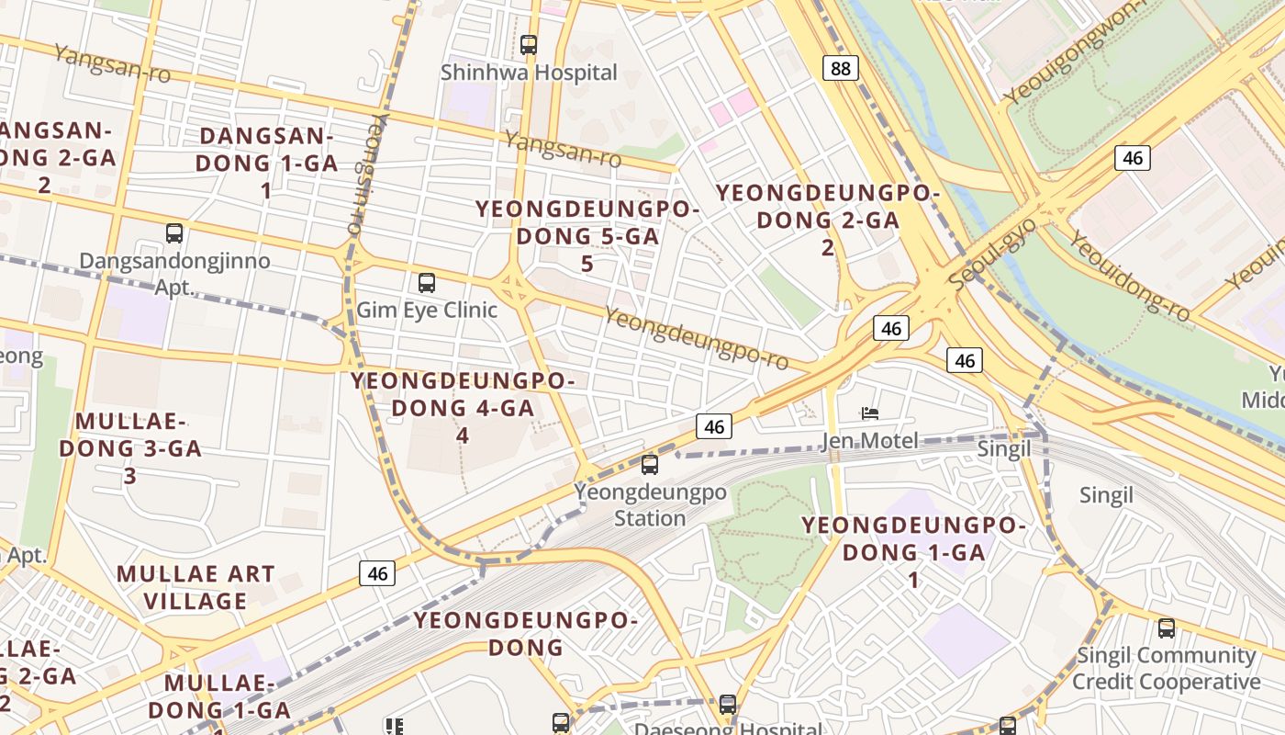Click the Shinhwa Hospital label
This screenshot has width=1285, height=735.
(x=529, y=73)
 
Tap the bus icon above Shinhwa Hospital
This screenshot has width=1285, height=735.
(x=528, y=44)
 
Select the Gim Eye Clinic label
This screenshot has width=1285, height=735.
(x=427, y=310)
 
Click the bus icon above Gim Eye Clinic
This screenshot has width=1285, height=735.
(x=426, y=282)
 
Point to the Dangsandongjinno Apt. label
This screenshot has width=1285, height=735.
(x=174, y=273)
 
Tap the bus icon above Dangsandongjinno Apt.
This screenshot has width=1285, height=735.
(x=174, y=233)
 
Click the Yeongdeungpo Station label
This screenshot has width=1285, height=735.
(x=651, y=505)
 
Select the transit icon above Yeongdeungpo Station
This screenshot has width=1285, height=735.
(x=650, y=465)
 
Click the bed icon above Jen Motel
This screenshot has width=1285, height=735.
(x=870, y=413)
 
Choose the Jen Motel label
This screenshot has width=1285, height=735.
(x=869, y=441)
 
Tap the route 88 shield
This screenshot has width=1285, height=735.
(x=840, y=68)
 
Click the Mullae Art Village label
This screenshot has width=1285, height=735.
(x=196, y=588)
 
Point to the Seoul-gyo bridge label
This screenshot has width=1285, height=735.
(x=994, y=254)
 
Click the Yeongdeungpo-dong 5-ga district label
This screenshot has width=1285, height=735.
(x=587, y=236)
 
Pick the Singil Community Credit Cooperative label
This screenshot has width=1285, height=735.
(x=1166, y=669)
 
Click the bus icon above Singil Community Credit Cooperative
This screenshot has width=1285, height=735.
(x=1166, y=628)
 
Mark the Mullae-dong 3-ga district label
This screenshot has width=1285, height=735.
(x=130, y=448)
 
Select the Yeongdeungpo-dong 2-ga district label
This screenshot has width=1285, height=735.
(x=828, y=220)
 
